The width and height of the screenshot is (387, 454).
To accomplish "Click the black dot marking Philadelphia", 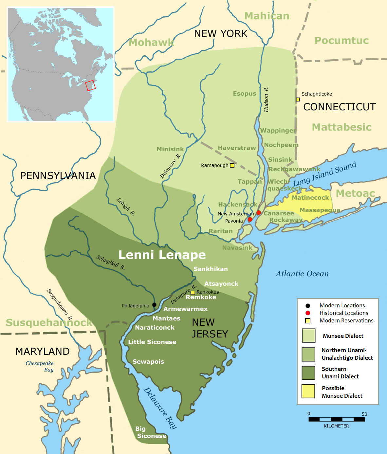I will (154, 305).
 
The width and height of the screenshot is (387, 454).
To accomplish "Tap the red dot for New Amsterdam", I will (259, 213).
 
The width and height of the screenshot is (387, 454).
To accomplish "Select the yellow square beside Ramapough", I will (232, 165).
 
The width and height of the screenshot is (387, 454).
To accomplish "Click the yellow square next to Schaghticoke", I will (298, 100).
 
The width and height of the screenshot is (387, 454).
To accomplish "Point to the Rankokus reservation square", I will (193, 292).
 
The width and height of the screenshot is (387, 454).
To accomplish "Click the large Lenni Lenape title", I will (162, 255).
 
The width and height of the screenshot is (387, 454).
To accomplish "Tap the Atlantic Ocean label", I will (302, 274).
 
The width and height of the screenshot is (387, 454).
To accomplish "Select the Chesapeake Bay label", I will (40, 366).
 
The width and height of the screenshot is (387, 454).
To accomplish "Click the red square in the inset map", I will (90, 85).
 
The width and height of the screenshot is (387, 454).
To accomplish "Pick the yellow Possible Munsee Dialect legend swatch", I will (308, 391).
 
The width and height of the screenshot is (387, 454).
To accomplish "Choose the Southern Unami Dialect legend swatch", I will (308, 372).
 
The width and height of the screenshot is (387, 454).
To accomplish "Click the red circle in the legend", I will (308, 313).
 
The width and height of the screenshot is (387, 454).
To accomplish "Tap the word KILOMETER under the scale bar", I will (336, 426).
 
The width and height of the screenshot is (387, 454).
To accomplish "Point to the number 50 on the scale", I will (364, 414).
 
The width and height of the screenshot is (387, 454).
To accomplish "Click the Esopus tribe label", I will (245, 94).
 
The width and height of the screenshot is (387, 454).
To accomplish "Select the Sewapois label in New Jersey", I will (148, 361).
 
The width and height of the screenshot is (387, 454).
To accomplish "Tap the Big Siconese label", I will (151, 432).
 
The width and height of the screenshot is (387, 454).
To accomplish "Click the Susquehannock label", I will (49, 322).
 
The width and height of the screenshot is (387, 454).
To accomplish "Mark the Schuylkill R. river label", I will (111, 263).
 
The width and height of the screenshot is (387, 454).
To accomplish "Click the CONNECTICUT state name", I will (340, 107).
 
